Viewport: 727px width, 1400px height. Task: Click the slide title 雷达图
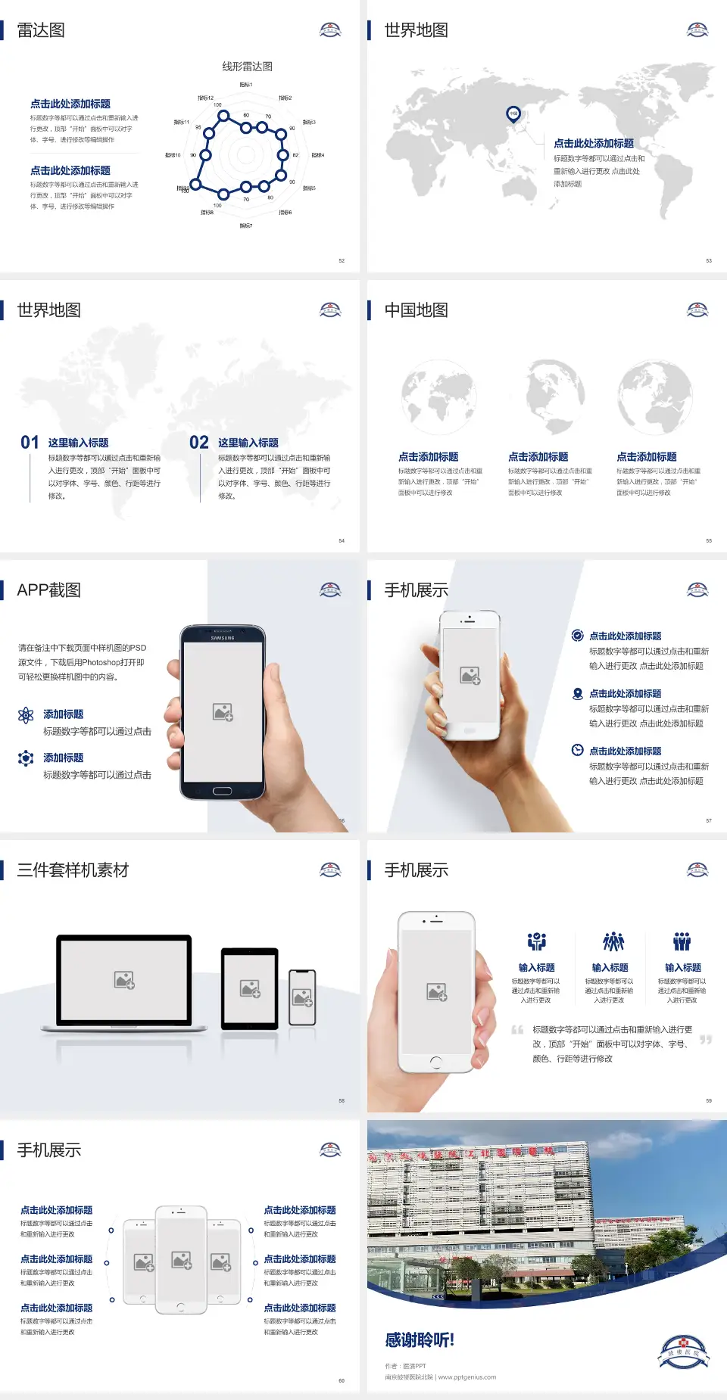tap(41, 30)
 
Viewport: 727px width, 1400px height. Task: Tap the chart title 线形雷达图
tap(247, 67)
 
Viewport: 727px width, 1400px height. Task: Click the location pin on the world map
tap(513, 114)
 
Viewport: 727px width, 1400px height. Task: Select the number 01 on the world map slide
tap(30, 443)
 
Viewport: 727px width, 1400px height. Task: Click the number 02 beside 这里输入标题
tap(199, 443)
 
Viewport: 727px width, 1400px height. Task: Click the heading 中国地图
tap(416, 310)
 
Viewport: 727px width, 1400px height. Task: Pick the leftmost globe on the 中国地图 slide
tap(438, 398)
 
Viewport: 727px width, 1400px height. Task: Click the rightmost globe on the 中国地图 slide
tap(654, 398)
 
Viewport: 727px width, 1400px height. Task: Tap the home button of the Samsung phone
tap(222, 791)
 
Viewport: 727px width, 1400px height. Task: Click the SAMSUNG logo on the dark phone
tap(223, 638)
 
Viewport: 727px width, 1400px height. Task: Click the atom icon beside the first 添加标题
tap(26, 715)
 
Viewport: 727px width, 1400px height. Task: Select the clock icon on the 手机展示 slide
tap(577, 750)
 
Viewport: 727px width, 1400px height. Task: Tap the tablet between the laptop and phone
tap(249, 988)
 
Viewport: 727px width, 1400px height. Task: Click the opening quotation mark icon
tap(517, 1030)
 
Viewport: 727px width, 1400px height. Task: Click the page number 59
tap(709, 1100)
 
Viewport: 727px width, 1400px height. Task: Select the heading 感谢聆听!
tap(420, 1340)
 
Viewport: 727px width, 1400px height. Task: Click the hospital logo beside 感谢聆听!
tap(683, 1352)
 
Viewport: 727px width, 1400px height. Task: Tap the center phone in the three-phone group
tap(181, 1259)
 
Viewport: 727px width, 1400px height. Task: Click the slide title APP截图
tap(49, 590)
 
